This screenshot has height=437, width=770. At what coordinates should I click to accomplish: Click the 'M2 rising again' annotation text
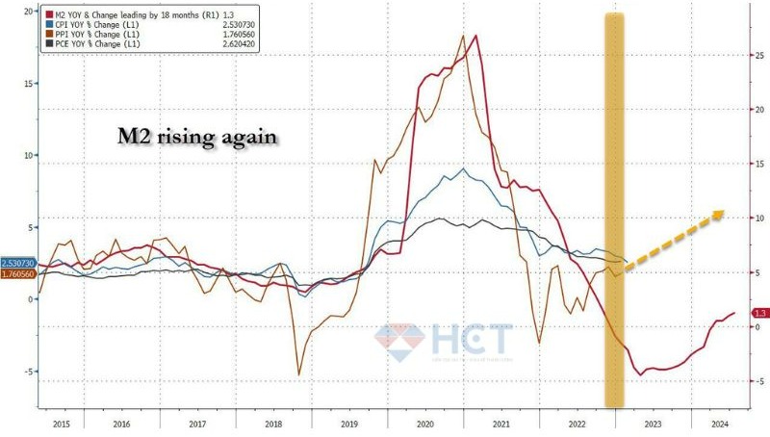[x=193, y=138]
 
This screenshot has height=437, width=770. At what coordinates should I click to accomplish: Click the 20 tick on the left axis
[x=27, y=11]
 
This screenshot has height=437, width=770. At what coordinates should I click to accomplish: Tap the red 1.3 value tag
[x=758, y=314]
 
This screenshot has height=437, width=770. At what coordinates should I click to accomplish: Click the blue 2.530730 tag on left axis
[x=18, y=263]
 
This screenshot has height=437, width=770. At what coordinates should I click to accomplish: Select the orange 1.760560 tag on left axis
[x=18, y=274]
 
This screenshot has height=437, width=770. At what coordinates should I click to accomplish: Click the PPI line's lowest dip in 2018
[x=298, y=373]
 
